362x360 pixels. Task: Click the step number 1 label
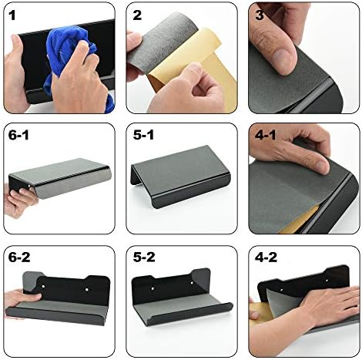tap(12, 15)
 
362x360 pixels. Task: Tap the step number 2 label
tap(137, 15)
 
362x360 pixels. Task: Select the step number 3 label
tap(260, 15)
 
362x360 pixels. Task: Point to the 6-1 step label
tap(18, 136)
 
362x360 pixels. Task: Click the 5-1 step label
tap(143, 136)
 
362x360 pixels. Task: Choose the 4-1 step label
tap(266, 136)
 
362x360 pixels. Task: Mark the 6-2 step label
tap(19, 257)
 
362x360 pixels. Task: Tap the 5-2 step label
tap(144, 257)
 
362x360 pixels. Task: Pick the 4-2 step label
tap(266, 257)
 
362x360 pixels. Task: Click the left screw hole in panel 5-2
tap(153, 289)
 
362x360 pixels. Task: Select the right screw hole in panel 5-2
tap(192, 283)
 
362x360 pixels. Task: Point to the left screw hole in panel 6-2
tap(43, 286)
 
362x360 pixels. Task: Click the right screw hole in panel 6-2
tap(87, 289)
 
